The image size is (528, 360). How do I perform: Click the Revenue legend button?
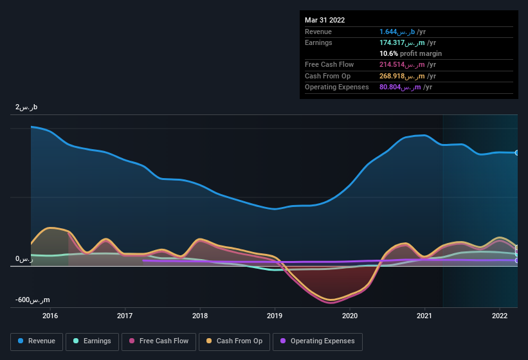(x=37, y=341)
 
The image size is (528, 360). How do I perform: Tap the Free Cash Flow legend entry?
(x=159, y=341)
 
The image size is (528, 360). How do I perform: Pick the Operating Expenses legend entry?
(x=317, y=341)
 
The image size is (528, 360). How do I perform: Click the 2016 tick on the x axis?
(x=50, y=316)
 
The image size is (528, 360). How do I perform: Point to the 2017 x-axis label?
(x=125, y=316)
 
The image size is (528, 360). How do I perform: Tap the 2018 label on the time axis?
(x=200, y=316)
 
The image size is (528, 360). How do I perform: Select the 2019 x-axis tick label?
(x=275, y=316)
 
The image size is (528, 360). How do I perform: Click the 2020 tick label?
(x=350, y=316)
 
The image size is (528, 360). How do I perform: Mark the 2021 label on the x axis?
(x=424, y=316)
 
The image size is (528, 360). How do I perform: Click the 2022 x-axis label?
(x=500, y=316)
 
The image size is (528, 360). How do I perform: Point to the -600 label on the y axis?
(x=33, y=300)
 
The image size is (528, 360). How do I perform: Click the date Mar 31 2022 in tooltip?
(x=325, y=20)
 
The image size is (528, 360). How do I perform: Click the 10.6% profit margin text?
(x=410, y=53)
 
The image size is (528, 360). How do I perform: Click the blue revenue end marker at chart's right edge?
(x=516, y=153)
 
